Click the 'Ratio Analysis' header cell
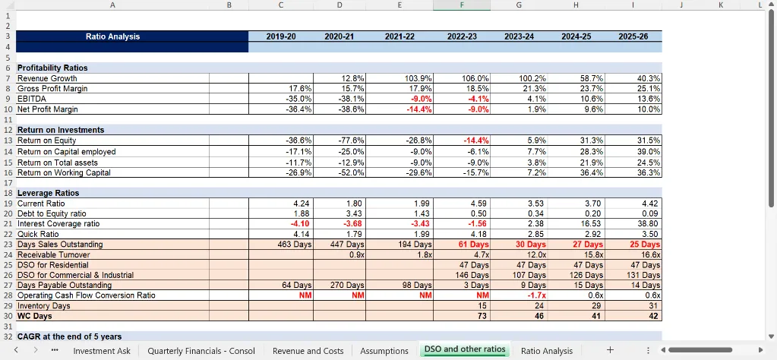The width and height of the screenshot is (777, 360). (112, 36)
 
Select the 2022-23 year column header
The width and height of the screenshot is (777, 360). (462, 36)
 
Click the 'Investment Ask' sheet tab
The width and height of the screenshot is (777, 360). (102, 350)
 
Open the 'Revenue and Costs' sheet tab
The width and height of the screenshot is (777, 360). (308, 350)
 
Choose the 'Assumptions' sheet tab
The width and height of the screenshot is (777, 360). (384, 350)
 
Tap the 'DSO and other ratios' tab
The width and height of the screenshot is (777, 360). (465, 349)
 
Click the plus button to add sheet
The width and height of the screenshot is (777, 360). (609, 350)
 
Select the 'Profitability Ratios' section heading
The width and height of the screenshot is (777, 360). (52, 68)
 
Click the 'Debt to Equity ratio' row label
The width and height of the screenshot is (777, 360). (52, 213)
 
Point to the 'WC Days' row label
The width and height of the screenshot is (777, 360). (35, 316)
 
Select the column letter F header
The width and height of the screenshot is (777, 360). (462, 5)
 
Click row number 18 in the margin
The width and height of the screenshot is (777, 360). (8, 193)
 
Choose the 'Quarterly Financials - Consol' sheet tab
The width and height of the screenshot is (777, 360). (201, 350)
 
